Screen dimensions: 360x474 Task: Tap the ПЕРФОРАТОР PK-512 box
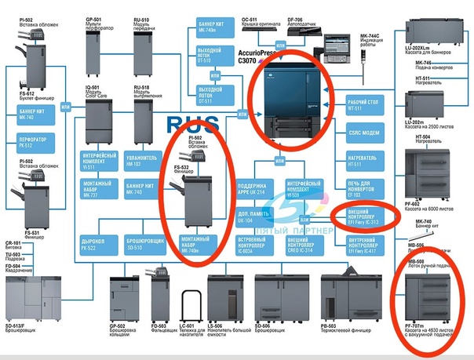pos(24,143)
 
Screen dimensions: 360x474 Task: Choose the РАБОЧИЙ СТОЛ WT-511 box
pos(363,105)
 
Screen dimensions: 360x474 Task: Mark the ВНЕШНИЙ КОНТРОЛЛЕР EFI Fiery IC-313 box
pos(363,216)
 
